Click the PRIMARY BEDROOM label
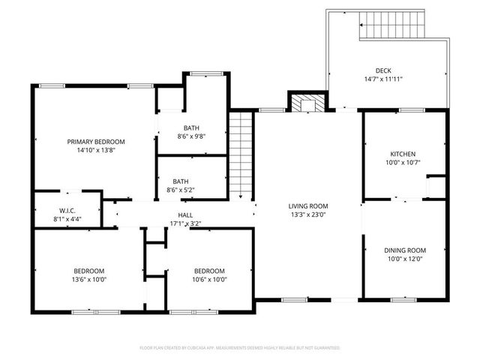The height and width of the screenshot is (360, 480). click(96, 142)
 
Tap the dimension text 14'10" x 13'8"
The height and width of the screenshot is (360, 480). click(96, 150)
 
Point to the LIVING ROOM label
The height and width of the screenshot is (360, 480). click(308, 205)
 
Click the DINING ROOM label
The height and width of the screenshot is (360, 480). click(405, 250)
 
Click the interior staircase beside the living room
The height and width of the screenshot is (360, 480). click(240, 154)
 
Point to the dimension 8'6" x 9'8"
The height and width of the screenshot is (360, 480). click(191, 136)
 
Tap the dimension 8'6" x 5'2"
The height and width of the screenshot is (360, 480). click(181, 190)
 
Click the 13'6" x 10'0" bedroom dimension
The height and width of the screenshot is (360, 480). click(88, 280)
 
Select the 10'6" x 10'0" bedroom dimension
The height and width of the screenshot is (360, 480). click(209, 280)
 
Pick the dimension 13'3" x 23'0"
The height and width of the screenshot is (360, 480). click(308, 214)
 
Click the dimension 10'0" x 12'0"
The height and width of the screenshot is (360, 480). click(405, 259)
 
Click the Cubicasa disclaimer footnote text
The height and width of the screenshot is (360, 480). click(240, 348)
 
